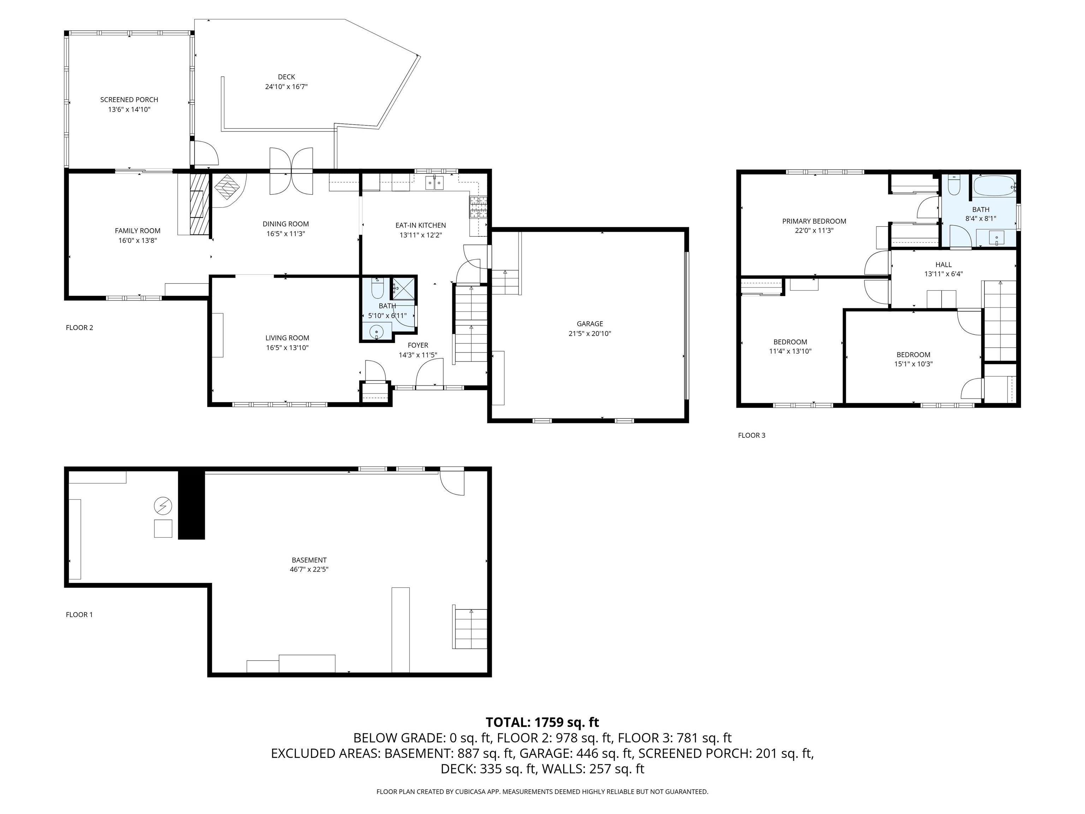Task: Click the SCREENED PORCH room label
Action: tap(129, 100)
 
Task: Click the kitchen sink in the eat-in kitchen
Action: tap(434, 183)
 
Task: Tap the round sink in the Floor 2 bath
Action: tap(376, 332)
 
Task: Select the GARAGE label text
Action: tap(589, 324)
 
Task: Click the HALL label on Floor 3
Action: tap(943, 265)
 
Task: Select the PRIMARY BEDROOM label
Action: tap(814, 221)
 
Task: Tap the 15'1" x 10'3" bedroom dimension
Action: tap(913, 364)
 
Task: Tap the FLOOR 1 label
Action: tap(79, 614)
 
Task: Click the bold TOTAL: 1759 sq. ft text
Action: tap(542, 722)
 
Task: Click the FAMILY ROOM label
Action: tap(137, 231)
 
